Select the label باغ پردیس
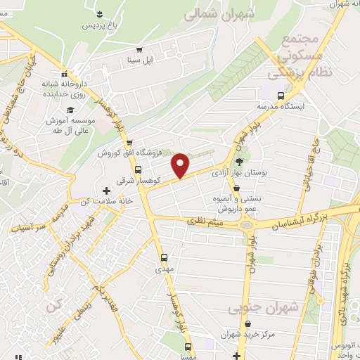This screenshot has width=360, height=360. point(98,25)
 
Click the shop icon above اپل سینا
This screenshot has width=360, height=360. point(139,50)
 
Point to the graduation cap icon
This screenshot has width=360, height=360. point(70,110)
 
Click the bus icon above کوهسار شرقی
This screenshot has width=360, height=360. point(138,169)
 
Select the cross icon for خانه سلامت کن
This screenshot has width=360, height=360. point(106,190)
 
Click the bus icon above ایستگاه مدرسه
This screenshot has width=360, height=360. point(281,96)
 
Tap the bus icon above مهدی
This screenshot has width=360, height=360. point(165,257)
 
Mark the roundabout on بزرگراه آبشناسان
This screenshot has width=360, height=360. point(247,224)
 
